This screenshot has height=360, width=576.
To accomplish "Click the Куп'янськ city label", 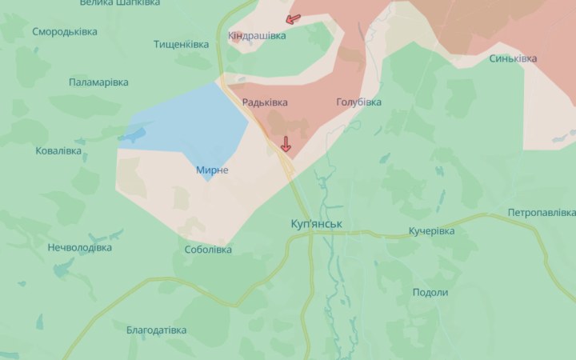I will [x=317, y=224].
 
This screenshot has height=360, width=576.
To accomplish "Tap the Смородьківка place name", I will [x=65, y=32].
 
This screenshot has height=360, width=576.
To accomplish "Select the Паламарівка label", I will [x=98, y=82].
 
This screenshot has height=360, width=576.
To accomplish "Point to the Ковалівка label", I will [x=58, y=150].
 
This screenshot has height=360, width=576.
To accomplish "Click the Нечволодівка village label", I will [x=79, y=248].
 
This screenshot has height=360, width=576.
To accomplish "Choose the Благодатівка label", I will [x=156, y=330].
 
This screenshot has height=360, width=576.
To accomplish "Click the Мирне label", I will [x=212, y=170].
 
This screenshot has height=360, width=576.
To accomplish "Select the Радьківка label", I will [x=264, y=102].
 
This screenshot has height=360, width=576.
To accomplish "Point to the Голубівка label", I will [x=358, y=102].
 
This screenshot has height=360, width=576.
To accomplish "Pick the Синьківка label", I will [x=512, y=58].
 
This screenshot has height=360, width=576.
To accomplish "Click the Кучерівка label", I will [x=431, y=231].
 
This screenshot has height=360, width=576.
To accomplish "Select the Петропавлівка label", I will [x=541, y=213].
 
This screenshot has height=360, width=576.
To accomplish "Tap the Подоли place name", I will [x=430, y=293].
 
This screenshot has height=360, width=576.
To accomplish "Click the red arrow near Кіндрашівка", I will [x=293, y=18].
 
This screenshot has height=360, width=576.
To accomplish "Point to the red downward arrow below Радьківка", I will [x=285, y=144].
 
